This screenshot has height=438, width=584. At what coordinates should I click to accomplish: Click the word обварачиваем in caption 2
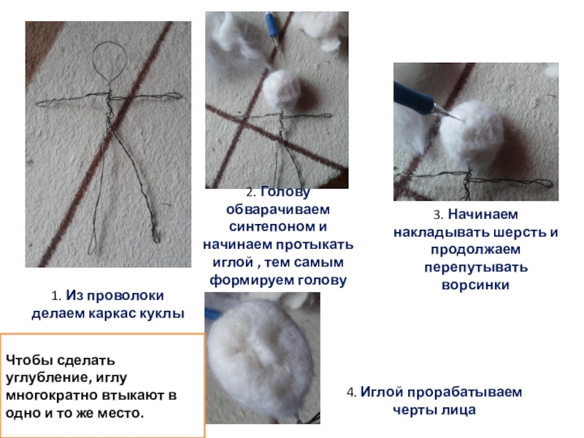coord(278,210)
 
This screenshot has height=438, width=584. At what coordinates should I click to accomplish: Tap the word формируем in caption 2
coord(247,280)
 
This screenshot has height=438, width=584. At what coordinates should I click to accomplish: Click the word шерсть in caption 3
coord(520,232)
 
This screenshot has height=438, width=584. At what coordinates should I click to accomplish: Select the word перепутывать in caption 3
coord(476,267)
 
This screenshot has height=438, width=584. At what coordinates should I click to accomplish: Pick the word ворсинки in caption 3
coord(475,285)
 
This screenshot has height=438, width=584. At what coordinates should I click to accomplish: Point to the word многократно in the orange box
coord(51,395)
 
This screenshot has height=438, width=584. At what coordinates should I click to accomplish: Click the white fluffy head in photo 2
coord(281,90)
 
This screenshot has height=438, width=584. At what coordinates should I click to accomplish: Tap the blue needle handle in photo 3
coord(413,95)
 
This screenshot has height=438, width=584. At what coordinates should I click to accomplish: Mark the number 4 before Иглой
coord(352,393)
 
